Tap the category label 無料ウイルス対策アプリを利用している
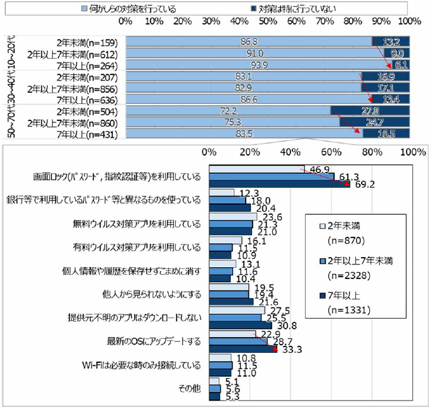137,224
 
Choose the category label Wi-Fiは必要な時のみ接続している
142,365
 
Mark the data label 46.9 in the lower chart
316,169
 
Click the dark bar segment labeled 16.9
386,77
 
